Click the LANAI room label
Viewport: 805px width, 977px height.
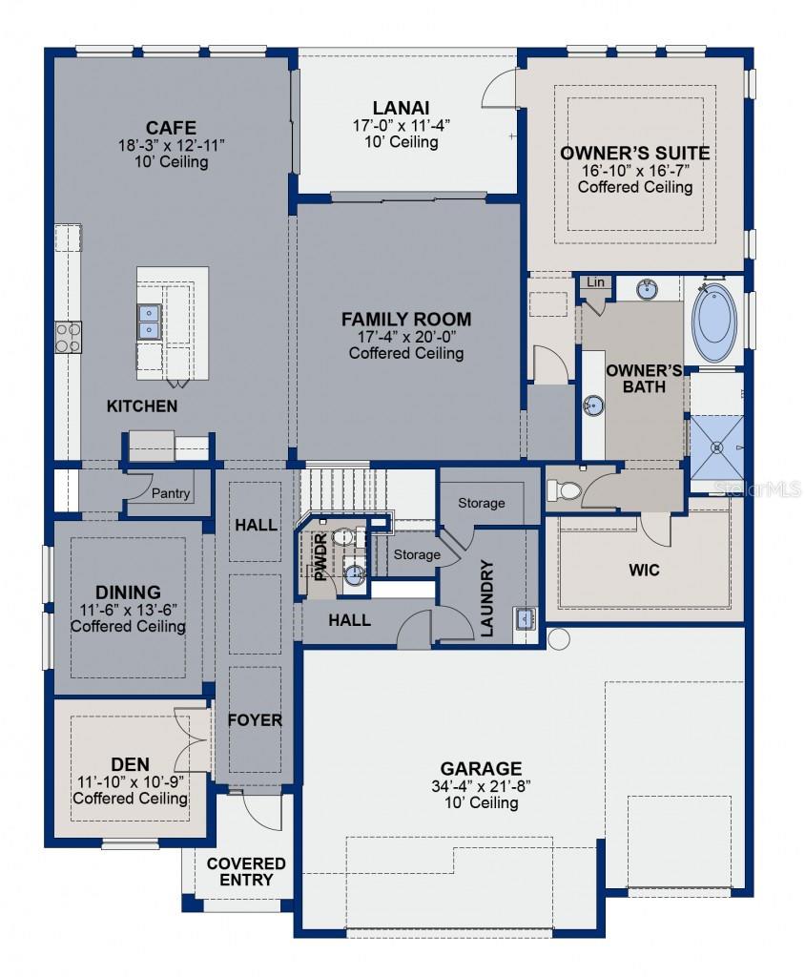pos(401,108)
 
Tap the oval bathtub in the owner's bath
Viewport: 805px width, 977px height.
pos(714,322)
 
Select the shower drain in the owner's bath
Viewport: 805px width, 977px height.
pos(717,447)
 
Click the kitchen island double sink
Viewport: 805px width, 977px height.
pos(149,321)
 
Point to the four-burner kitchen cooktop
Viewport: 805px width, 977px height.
pos(68,337)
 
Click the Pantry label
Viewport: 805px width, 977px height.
pos(170,493)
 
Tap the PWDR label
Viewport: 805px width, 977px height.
pos(320,557)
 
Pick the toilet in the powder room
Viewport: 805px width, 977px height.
pos(342,536)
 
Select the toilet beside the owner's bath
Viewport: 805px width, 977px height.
pos(565,490)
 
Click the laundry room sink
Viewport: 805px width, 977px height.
pos(525,618)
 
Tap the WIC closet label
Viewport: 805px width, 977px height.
pos(644,571)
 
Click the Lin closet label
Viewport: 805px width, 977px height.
pos(595,282)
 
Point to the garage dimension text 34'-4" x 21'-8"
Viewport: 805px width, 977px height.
pos(481,786)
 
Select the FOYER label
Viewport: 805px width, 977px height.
pos(255,720)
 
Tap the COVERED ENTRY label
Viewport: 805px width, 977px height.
pos(246,872)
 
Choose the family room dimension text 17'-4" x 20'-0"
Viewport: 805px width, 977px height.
pos(406,337)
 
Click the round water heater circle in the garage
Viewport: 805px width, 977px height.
pos(558,638)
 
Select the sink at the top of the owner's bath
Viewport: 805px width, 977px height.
pos(648,290)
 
